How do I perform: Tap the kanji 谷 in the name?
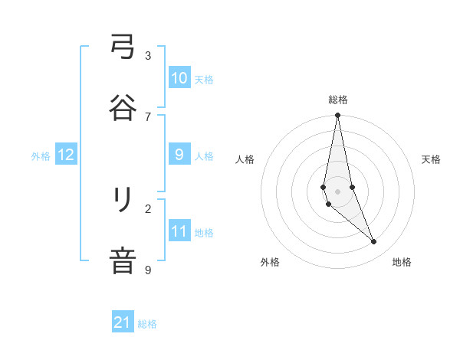tap(123, 107)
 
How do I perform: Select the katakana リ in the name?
tap(123, 201)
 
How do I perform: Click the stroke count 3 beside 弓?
tap(148, 55)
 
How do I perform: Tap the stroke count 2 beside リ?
tap(148, 208)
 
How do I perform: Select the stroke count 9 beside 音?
tap(148, 270)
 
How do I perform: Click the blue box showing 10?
tap(179, 77)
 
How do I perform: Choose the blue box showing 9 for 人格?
tap(179, 155)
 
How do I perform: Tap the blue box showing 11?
tap(179, 231)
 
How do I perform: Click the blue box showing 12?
tap(66, 155)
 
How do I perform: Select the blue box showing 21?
tap(123, 322)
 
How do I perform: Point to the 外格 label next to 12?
tap(41, 156)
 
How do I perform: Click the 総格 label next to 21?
tap(147, 324)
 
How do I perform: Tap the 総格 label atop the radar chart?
tap(338, 100)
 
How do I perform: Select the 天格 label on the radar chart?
tap(431, 159)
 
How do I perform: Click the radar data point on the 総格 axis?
tap(337, 116)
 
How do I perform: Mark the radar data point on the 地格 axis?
tap(374, 242)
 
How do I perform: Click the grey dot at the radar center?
tap(337, 191)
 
